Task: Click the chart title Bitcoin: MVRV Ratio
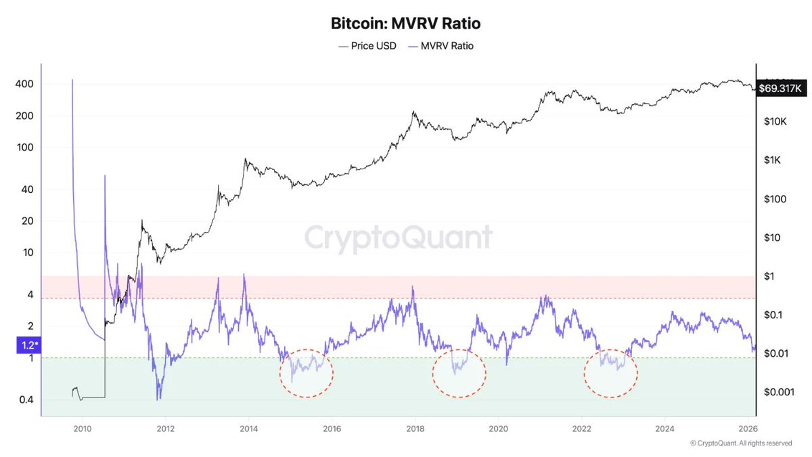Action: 406,24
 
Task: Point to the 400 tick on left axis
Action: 26,84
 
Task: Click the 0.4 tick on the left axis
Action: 26,399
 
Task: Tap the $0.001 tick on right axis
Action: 777,392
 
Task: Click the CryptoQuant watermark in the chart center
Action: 398,238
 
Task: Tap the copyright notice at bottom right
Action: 741,443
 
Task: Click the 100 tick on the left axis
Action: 26,148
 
